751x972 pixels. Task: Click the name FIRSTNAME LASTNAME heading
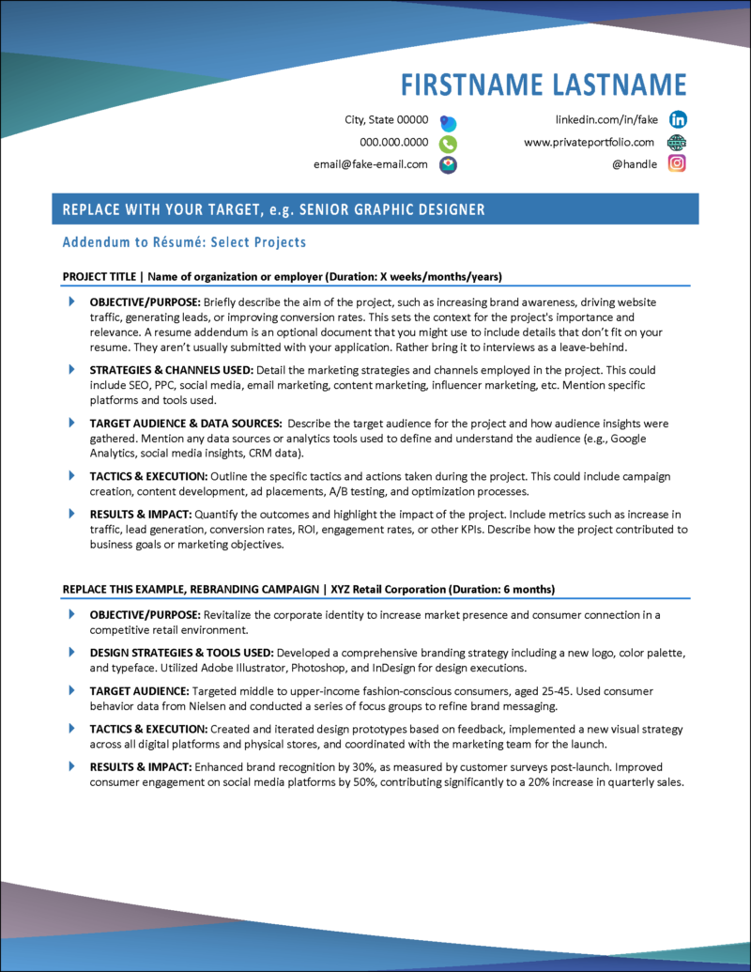[x=544, y=84]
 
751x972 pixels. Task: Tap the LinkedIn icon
[x=677, y=120]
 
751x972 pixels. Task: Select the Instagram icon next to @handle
[x=677, y=163]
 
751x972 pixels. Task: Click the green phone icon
[x=449, y=144]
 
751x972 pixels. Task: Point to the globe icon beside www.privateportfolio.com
[x=677, y=142]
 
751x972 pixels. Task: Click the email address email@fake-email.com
[x=371, y=163]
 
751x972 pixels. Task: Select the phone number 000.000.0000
[x=394, y=143]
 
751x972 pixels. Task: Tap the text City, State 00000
[x=387, y=120]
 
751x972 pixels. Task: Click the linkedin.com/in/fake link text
[x=607, y=120]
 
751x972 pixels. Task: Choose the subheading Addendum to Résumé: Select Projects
[x=184, y=242]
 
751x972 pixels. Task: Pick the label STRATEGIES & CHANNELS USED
[x=170, y=369]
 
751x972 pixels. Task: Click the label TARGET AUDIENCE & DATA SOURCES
[x=185, y=424]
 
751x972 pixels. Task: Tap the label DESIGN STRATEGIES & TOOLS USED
[x=181, y=652]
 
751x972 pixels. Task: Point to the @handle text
[x=635, y=163]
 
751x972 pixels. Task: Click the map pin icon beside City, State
[x=449, y=122]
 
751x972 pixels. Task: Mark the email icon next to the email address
[x=449, y=164]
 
